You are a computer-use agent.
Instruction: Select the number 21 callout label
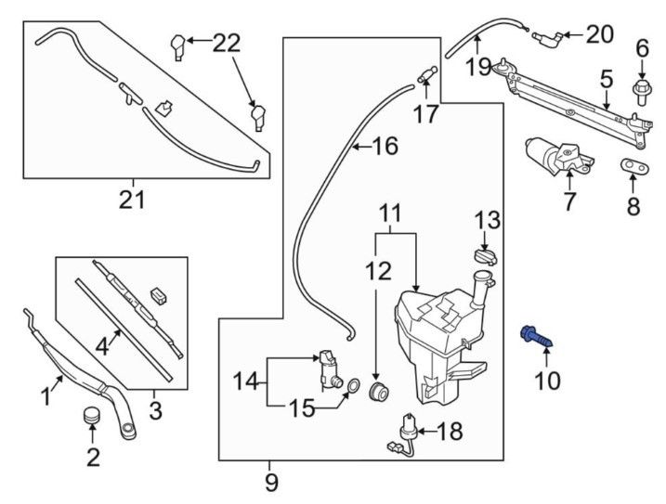coord(133,198)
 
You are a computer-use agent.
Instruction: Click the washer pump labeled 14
coord(326,367)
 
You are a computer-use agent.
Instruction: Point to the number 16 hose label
coord(385,146)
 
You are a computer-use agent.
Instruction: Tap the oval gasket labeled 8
coord(634,165)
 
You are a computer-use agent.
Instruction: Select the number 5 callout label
coord(606,82)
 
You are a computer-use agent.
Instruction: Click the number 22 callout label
coord(226,42)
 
